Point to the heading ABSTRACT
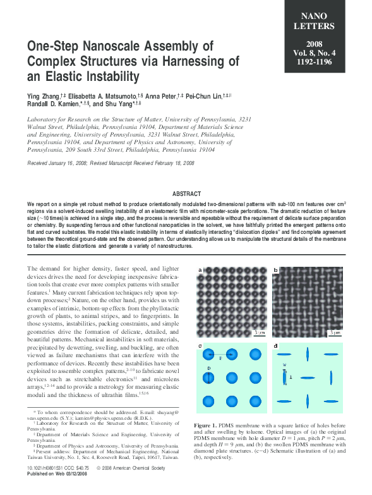[186, 193]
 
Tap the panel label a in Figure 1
[200, 271]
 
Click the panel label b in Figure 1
[276, 271]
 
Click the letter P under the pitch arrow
[220, 358]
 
